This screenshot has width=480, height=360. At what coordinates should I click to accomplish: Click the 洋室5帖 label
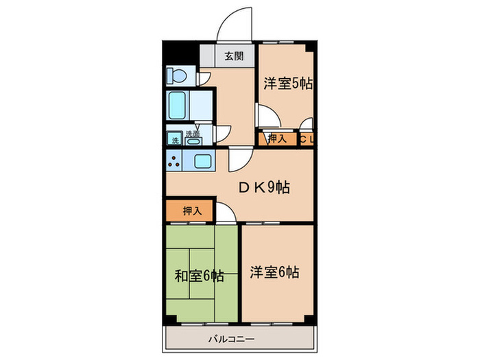(x=288, y=84)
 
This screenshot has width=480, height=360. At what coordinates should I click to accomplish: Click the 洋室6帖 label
(x=273, y=272)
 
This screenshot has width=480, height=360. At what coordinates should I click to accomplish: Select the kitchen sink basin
(x=204, y=163)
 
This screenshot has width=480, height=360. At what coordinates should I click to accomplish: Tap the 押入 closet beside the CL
(x=276, y=139)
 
